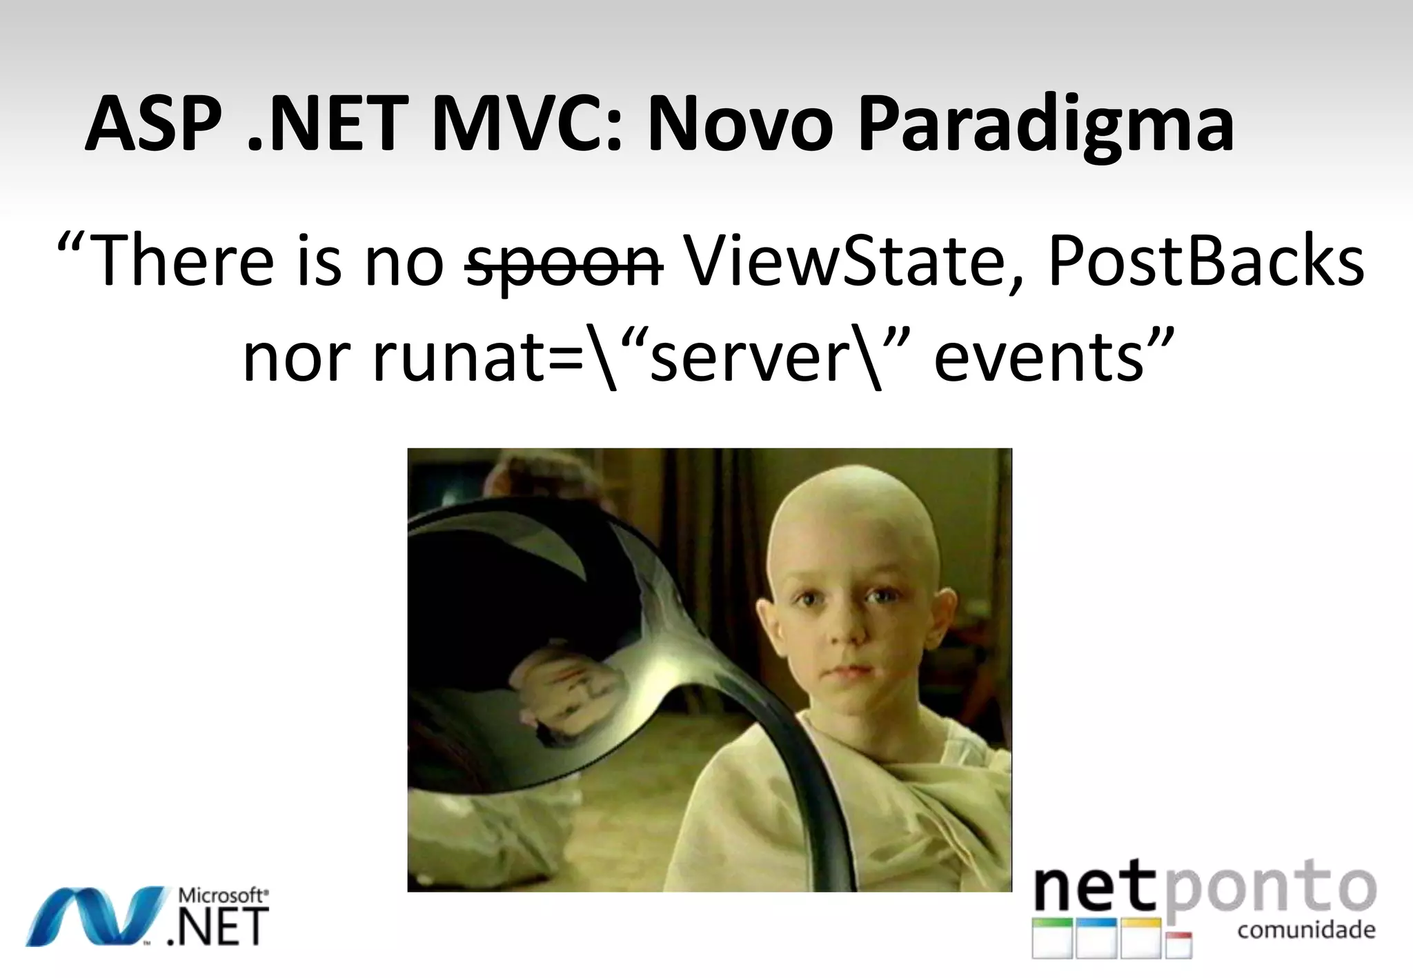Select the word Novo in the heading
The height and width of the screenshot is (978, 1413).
[740, 124]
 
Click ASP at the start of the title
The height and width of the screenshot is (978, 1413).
[159, 124]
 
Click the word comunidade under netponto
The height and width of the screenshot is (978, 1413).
[1306, 930]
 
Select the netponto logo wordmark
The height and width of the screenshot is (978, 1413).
[1205, 890]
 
